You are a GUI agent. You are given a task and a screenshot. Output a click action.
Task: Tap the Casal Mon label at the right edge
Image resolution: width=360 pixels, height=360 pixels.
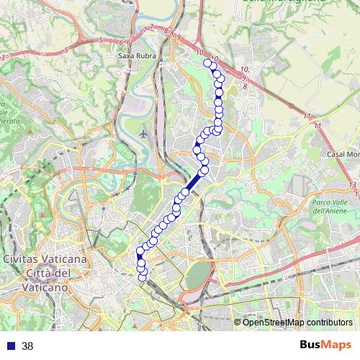pos(343,155)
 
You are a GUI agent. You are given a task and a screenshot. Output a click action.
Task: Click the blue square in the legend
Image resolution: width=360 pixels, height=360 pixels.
pos(9,346)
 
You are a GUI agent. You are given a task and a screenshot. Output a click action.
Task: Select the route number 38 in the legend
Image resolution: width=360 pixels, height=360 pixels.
pos(28,346)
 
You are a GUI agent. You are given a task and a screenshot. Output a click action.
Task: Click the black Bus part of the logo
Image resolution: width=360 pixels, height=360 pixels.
pos(312,345)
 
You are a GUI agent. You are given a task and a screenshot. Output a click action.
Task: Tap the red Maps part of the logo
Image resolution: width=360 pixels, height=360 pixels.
pos(337,345)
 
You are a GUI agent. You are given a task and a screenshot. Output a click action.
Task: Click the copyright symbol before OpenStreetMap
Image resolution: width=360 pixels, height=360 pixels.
pos(238,323)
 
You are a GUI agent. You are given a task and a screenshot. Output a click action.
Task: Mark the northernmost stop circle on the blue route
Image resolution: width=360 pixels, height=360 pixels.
pos(208,63)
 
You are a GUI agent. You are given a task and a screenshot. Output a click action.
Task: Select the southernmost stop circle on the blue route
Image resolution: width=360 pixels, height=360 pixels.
pos(143,276)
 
